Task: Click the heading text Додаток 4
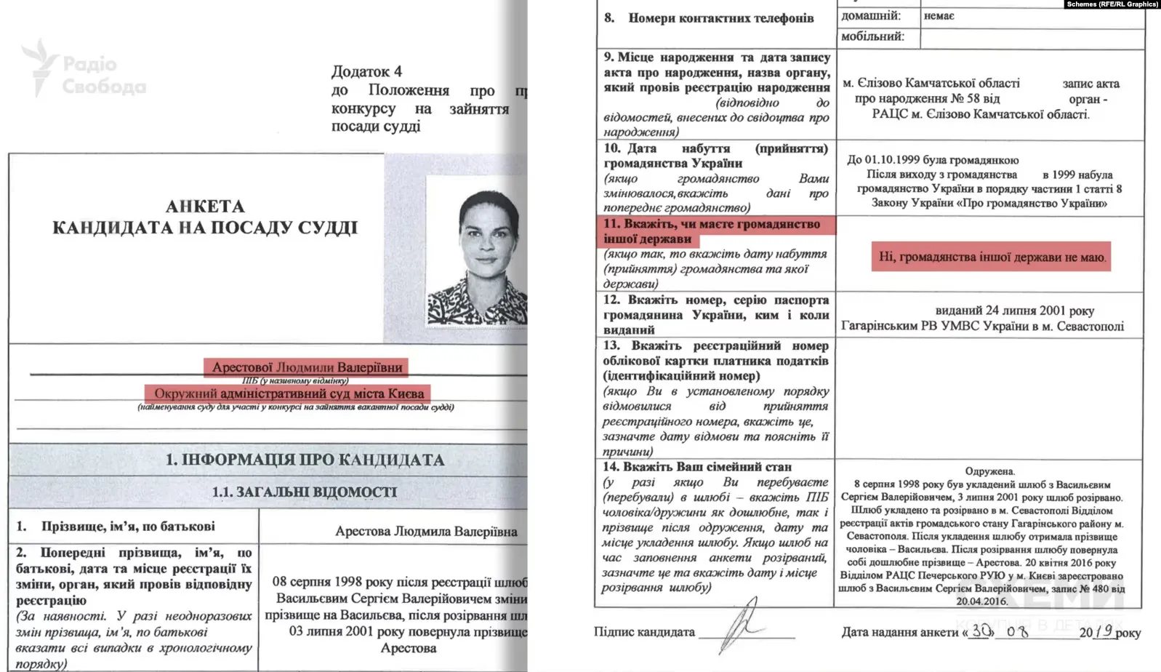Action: [x=366, y=71]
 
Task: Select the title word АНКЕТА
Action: [x=205, y=207]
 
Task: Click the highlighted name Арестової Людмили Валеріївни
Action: [x=306, y=367]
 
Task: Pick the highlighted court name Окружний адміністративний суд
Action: [x=288, y=393]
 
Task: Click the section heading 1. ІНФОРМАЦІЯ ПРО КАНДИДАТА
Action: [x=305, y=460]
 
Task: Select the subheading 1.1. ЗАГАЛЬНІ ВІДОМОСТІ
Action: [x=304, y=492]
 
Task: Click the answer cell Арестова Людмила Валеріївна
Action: [x=426, y=532]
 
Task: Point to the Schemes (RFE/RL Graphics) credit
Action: [x=1112, y=4]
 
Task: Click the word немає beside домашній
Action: [x=939, y=16]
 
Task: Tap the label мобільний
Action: [x=872, y=36]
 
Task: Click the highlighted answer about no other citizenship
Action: [x=991, y=257]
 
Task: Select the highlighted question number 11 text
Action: [x=711, y=231]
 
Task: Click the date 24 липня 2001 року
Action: [x=1014, y=311]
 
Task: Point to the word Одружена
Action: [x=989, y=471]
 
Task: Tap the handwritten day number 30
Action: [x=981, y=631]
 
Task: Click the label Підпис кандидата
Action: [x=644, y=632]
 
